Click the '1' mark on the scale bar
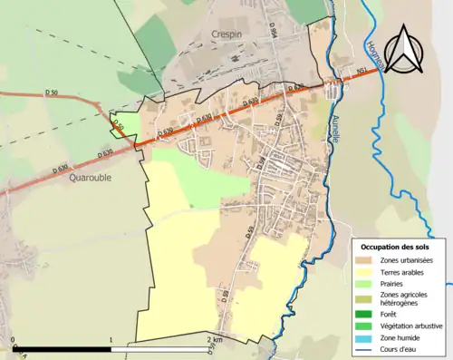111,341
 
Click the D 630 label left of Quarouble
61,168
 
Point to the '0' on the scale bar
13,341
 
